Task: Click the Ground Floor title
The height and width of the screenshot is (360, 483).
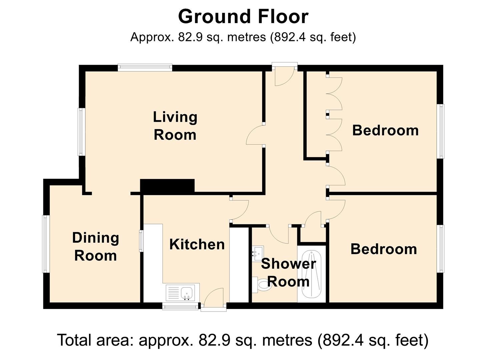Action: click(243, 17)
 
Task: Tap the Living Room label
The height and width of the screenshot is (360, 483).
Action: click(175, 126)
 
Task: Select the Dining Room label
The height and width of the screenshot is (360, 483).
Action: click(95, 247)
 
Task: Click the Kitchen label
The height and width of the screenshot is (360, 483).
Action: click(197, 244)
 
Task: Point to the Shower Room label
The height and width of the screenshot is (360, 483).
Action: click(288, 272)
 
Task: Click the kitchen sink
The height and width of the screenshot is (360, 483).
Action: click(180, 293)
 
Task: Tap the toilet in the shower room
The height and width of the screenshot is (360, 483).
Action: click(262, 285)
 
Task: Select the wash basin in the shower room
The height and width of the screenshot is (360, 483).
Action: click(258, 253)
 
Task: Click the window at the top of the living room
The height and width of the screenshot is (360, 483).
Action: click(145, 67)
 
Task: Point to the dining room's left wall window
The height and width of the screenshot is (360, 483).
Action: click(46, 244)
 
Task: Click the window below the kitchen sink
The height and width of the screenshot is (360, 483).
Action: click(180, 306)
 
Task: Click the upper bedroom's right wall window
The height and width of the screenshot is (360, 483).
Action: click(441, 131)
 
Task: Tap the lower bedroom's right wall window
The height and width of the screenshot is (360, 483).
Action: click(441, 249)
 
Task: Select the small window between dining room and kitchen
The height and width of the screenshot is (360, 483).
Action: click(141, 241)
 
